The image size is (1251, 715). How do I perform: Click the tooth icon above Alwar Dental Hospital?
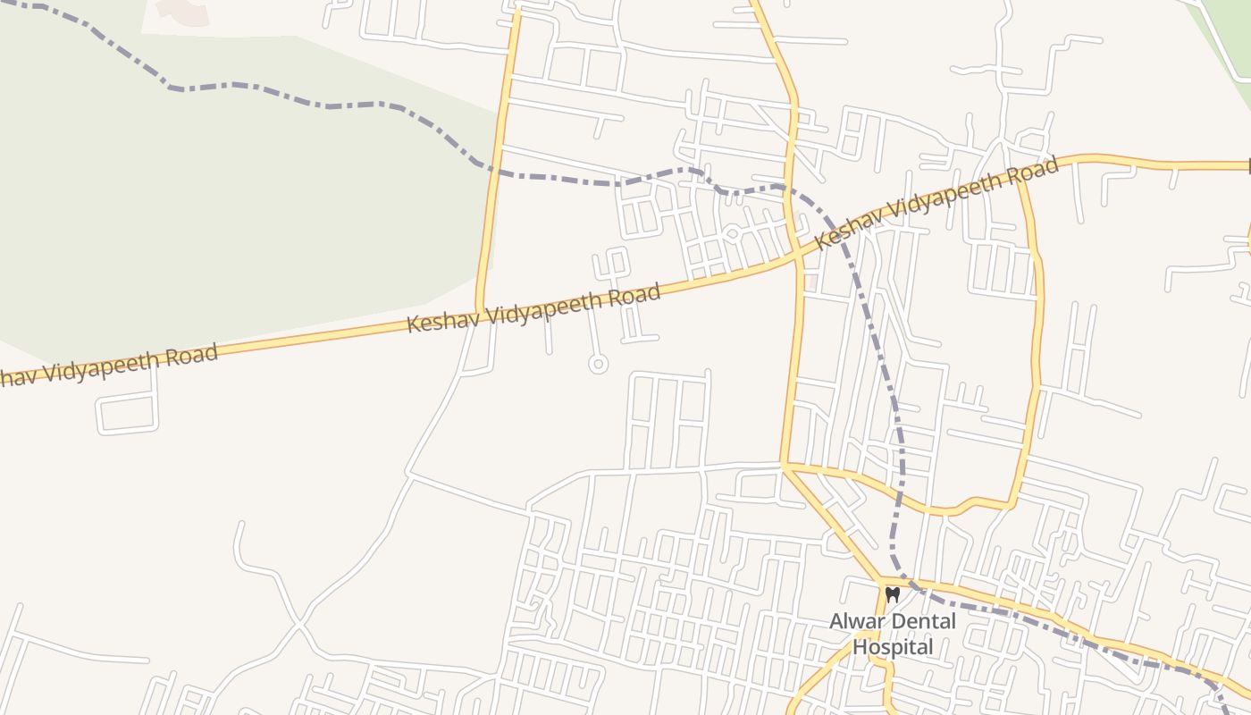point(892,594)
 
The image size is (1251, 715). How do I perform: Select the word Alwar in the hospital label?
point(853,621)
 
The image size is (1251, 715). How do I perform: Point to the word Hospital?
point(893,646)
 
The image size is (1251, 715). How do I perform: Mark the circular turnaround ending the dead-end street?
point(598,364)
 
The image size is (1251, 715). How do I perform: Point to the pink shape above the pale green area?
point(182,11)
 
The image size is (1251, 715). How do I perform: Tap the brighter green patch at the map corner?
point(1229,36)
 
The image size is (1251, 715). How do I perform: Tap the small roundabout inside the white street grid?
point(731,234)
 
